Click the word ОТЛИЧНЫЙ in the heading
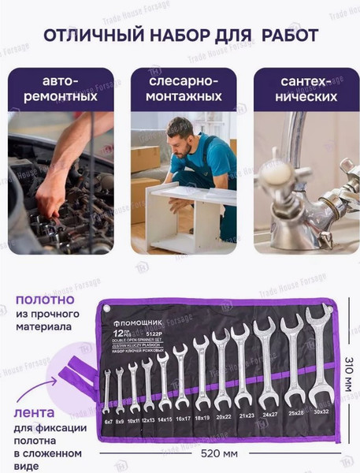coord(89,36)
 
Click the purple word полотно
coord(45,300)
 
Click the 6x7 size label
coord(108,423)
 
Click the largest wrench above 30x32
coord(318,363)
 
